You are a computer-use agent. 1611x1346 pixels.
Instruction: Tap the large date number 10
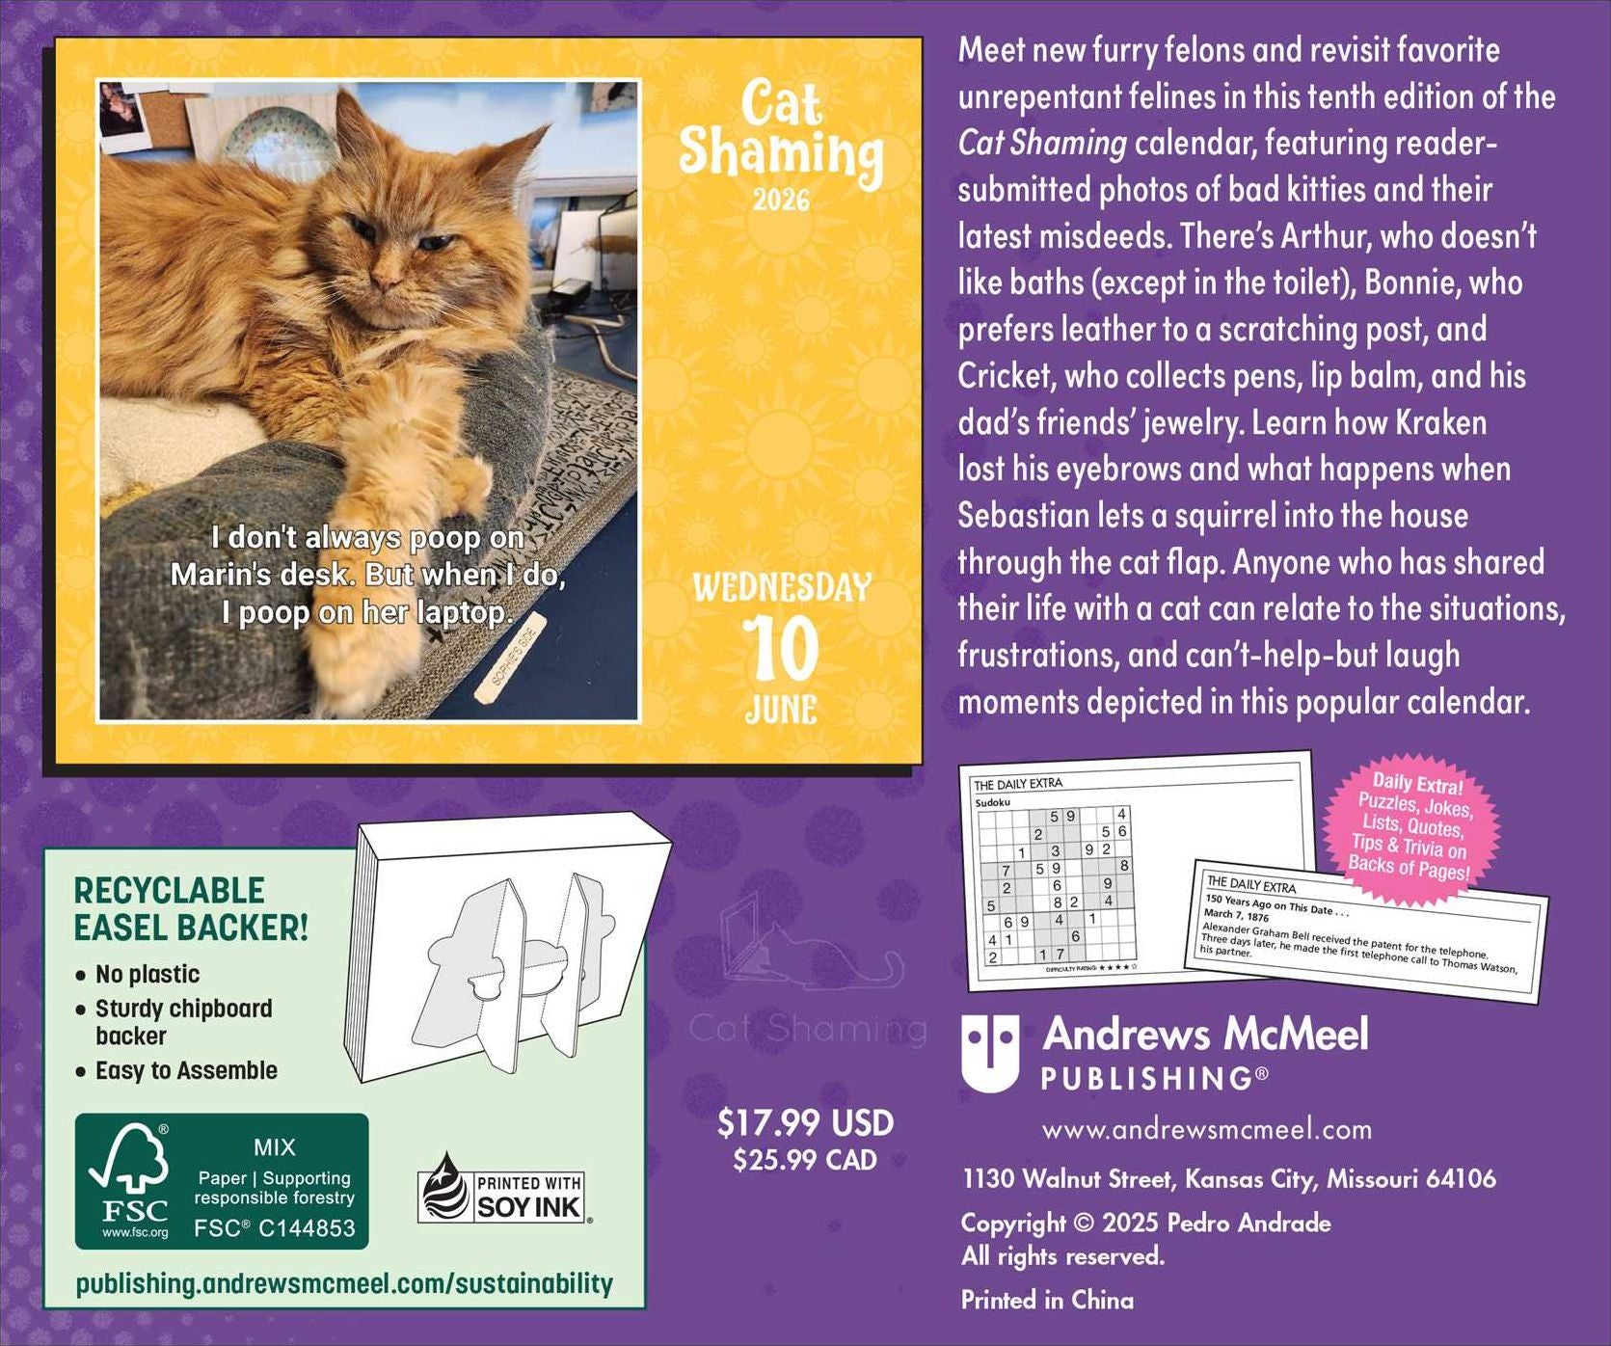pyautogui.click(x=781, y=648)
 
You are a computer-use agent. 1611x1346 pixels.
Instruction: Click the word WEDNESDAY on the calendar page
pyautogui.click(x=781, y=587)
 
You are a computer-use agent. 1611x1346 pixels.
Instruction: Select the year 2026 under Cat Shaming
pyautogui.click(x=781, y=201)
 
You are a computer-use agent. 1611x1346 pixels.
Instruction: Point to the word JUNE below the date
pyautogui.click(x=781, y=710)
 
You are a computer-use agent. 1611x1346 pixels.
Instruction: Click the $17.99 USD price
pyautogui.click(x=805, y=1123)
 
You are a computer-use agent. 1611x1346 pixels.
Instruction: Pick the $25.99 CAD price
pyautogui.click(x=805, y=1160)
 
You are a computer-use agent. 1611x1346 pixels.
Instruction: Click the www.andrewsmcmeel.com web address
pyautogui.click(x=1206, y=1129)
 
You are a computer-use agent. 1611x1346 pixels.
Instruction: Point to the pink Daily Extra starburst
pyautogui.click(x=1412, y=824)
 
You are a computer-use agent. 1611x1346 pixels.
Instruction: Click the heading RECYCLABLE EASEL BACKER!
pyautogui.click(x=191, y=909)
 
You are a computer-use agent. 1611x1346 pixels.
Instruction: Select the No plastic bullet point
pyautogui.click(x=148, y=974)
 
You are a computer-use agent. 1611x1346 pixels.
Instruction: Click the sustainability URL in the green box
pyautogui.click(x=344, y=1284)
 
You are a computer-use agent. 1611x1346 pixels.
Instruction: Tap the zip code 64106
pyautogui.click(x=1460, y=1178)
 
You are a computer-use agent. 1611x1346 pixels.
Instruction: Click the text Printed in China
pyautogui.click(x=1047, y=1300)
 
